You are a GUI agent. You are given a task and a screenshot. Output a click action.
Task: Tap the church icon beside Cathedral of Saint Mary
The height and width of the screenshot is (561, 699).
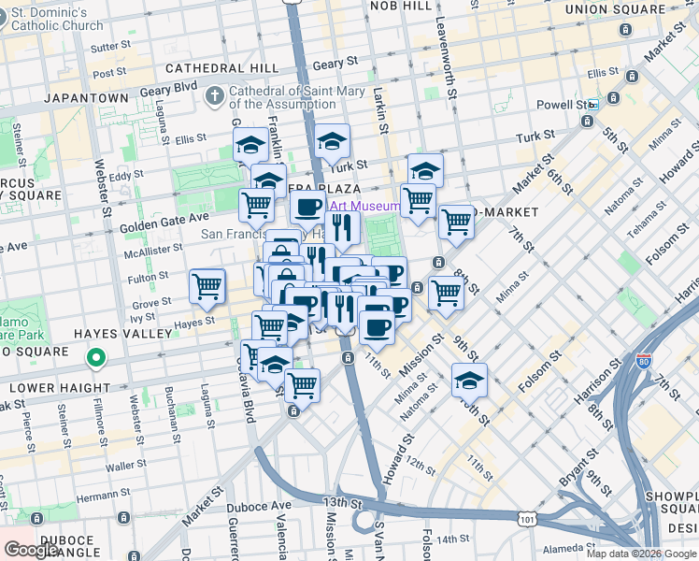click(x=215, y=94)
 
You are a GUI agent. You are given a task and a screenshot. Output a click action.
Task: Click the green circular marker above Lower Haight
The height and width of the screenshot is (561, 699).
click(x=95, y=357)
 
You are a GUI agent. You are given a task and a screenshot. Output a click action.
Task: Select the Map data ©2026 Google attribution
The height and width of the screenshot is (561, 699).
click(x=640, y=554)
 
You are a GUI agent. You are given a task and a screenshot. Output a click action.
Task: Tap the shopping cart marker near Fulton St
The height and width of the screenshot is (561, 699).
click(x=207, y=285)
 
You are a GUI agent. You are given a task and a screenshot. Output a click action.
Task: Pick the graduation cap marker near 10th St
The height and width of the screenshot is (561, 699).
click(x=469, y=380)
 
